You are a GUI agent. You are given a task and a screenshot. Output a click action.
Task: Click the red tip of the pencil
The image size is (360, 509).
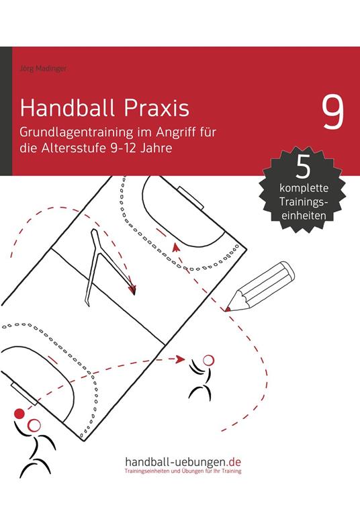(229, 308)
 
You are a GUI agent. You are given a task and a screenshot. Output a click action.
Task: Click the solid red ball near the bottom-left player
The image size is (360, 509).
(19, 412)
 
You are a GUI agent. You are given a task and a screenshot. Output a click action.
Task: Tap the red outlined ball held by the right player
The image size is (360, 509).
(207, 360)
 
